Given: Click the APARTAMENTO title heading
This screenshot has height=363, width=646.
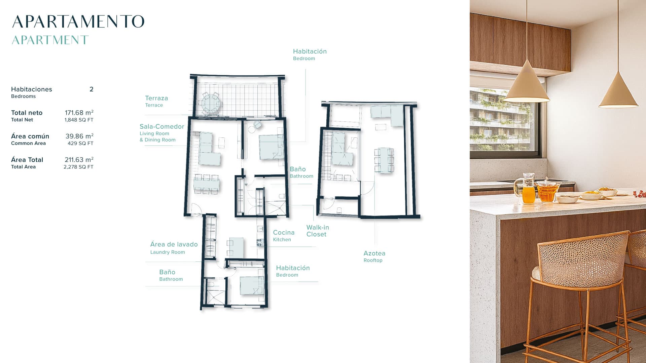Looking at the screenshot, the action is click(78, 22).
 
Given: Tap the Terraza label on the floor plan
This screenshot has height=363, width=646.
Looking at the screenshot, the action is click(156, 98).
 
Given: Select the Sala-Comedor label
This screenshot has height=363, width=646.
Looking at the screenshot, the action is click(162, 127).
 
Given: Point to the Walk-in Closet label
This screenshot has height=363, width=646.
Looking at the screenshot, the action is click(318, 231).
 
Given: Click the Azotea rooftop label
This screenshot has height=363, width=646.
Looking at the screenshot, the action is click(374, 253).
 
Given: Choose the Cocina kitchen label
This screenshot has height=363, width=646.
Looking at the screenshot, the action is click(284, 233).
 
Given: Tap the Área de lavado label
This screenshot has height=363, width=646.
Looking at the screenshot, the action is click(174, 244).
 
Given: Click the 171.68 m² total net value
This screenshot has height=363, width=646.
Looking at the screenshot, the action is click(79, 113).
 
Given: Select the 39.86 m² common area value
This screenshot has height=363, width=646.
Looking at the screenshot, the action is click(79, 136).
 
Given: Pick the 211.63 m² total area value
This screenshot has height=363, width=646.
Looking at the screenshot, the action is click(79, 160).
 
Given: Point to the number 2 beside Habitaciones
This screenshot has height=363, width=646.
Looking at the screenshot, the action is click(92, 89).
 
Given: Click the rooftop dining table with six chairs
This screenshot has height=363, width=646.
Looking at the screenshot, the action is click(384, 160).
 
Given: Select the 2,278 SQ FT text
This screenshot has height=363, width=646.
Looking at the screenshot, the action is click(78, 167).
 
